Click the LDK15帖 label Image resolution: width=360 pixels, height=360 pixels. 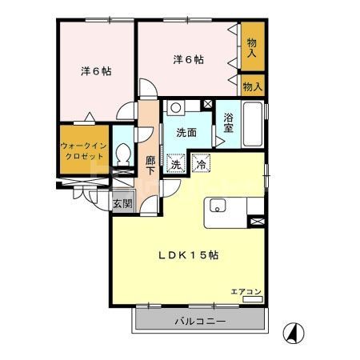[x=188, y=255]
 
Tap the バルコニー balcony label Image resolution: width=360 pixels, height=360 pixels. [x=199, y=322]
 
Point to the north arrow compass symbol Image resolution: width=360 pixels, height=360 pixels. [x=294, y=330]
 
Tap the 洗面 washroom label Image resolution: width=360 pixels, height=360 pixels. [x=187, y=133]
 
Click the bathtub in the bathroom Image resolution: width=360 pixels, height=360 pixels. [x=253, y=122]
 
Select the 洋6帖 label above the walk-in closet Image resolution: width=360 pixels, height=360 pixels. [x=96, y=70]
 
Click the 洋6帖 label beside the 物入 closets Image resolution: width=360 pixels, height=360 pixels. [x=188, y=58]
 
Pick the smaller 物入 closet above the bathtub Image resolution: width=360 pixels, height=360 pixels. [x=253, y=85]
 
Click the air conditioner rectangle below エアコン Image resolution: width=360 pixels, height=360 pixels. [x=251, y=299]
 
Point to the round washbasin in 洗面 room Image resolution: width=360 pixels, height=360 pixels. [x=177, y=107]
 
